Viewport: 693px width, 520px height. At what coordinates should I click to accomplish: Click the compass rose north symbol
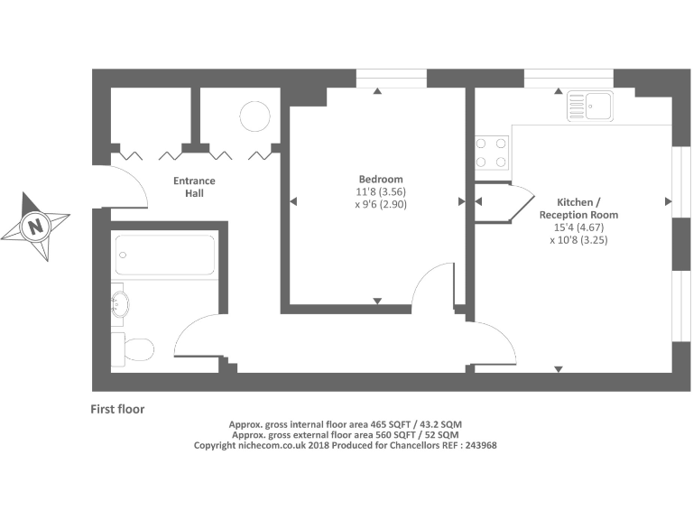pyautogui.click(x=35, y=225)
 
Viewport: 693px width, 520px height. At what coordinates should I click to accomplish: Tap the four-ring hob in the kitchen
pyautogui.click(x=492, y=152)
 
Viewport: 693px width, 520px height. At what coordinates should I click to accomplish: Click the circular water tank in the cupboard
pyautogui.click(x=254, y=117)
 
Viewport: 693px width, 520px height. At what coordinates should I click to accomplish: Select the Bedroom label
pyautogui.click(x=380, y=179)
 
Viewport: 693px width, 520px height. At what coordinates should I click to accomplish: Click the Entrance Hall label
pyautogui.click(x=194, y=187)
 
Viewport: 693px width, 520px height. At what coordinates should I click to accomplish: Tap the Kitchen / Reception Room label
pyautogui.click(x=578, y=209)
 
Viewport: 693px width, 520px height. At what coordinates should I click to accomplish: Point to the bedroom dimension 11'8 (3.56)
pyautogui.click(x=380, y=192)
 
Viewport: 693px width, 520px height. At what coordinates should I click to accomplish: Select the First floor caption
pyautogui.click(x=117, y=409)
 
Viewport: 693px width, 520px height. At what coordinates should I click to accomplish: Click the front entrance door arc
pyautogui.click(x=132, y=184)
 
